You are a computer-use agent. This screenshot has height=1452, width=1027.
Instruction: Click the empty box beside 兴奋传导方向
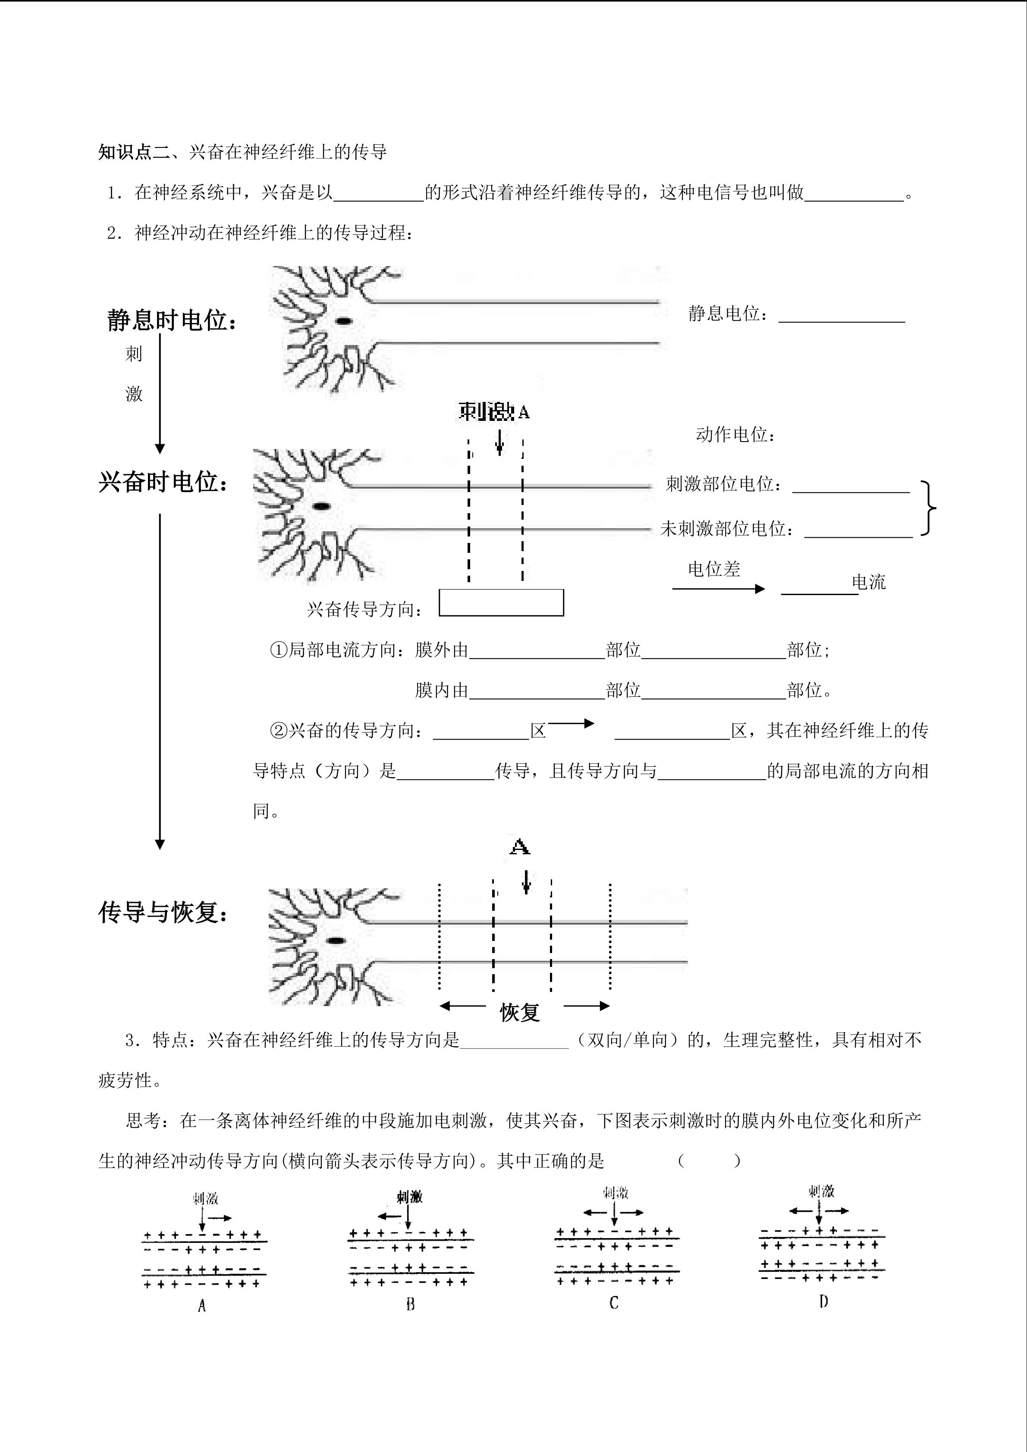501,603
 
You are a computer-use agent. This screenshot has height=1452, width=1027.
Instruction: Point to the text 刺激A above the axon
494,412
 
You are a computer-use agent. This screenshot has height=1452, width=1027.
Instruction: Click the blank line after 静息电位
841,316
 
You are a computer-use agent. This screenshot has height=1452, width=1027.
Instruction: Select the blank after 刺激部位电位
851,486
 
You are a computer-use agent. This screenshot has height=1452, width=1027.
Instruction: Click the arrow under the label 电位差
719,589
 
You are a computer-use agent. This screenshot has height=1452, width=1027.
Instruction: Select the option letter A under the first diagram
202,1305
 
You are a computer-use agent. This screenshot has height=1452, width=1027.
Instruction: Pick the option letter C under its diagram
613,1303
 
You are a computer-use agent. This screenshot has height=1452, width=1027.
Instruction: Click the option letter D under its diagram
823,1301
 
